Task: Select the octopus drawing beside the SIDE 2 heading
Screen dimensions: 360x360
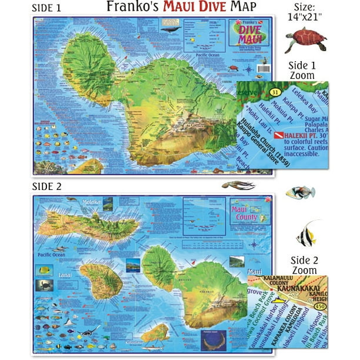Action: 238,185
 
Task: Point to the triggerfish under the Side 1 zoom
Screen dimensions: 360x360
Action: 301,192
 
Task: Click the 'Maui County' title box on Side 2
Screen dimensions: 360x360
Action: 245,208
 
